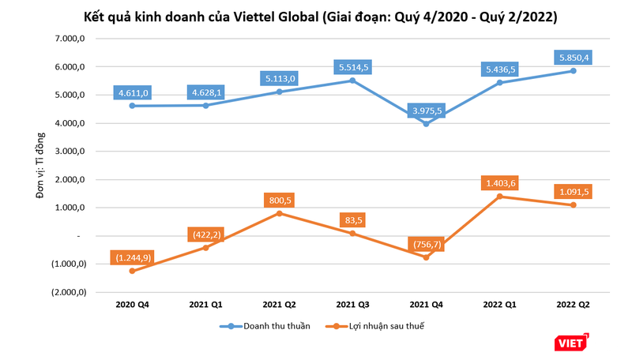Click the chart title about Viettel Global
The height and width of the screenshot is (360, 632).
point(316,17)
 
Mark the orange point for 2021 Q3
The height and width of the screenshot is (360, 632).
point(352,234)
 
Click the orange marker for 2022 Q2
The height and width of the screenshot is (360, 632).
point(573,205)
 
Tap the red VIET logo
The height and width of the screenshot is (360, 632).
point(570,341)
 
